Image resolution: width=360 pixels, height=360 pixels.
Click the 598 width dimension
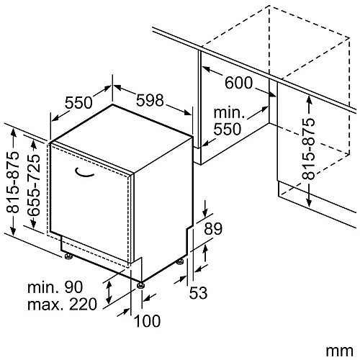tap(150, 100)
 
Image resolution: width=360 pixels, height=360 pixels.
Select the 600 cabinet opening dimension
tap(238, 83)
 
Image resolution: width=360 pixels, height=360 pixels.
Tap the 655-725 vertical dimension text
tap(34, 184)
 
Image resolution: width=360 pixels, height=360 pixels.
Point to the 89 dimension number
tap(213, 228)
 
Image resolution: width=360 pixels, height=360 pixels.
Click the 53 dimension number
tap(198, 293)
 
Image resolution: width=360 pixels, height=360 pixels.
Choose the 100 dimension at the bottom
tap(147, 321)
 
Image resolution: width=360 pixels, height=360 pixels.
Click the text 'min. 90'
tap(55, 287)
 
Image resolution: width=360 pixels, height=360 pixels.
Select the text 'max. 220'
tap(62, 304)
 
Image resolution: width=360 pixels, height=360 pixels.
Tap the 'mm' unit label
tap(339, 351)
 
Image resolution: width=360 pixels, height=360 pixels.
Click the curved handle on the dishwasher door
tap(84, 174)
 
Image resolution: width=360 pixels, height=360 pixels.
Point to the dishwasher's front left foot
tap(68, 256)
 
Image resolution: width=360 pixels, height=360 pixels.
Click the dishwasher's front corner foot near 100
tap(141, 285)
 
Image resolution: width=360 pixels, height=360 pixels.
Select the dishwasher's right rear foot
tap(180, 262)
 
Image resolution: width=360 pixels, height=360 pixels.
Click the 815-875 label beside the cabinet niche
tap(308, 149)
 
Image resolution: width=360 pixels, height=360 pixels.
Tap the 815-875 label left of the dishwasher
tap(12, 182)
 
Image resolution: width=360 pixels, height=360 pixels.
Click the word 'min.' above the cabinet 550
tap(229, 112)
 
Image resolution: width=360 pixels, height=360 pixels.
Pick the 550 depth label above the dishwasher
tap(78, 102)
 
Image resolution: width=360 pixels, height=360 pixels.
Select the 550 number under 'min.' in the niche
tap(227, 129)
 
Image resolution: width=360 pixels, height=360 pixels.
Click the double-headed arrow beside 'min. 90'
tap(109, 292)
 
